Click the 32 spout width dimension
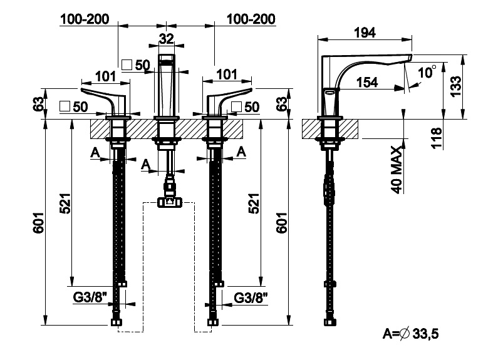click(x=166, y=38)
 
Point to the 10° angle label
click(x=426, y=73)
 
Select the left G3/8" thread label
click(x=88, y=297)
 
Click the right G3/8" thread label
click(x=251, y=297)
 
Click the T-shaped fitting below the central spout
click(x=169, y=200)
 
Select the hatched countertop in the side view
click(x=329, y=130)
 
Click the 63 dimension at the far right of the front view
click(x=283, y=103)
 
